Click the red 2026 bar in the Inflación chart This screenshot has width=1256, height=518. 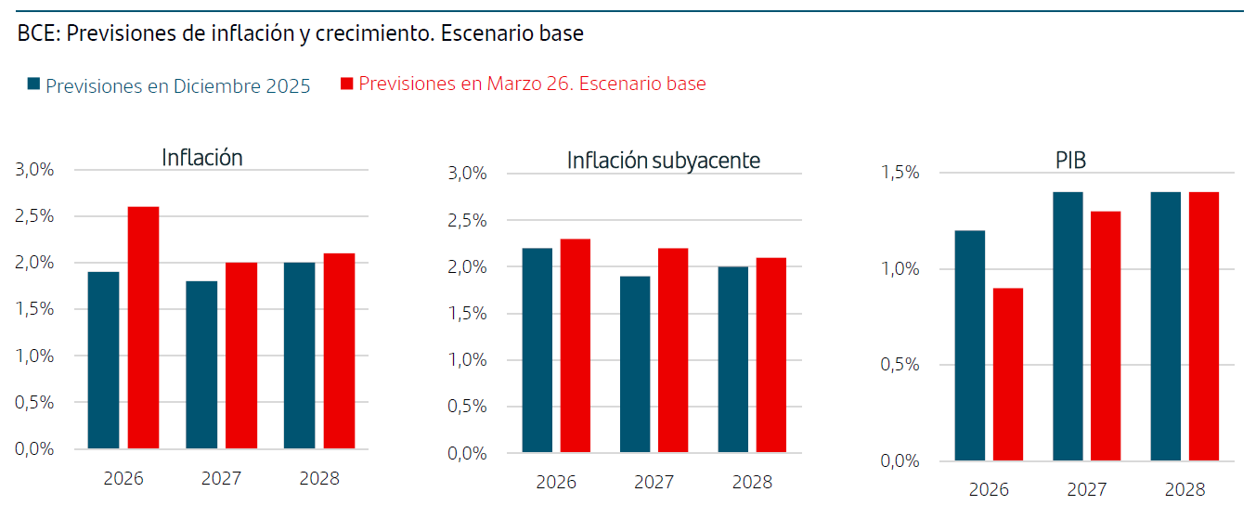click(143, 328)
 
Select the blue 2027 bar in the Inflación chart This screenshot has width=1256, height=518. click(201, 365)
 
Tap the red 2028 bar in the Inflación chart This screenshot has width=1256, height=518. click(339, 351)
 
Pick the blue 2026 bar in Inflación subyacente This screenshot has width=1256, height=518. click(537, 351)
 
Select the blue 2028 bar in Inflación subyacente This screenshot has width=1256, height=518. click(734, 360)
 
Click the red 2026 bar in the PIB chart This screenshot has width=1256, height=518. click(1007, 374)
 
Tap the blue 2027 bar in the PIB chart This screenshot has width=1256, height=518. click(1068, 326)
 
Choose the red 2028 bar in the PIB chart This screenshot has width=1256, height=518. click(1203, 326)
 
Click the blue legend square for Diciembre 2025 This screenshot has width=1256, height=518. click(34, 84)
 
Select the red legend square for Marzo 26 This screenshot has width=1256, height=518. click(347, 84)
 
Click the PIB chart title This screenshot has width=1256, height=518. click(1070, 161)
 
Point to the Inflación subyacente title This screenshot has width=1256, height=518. click(663, 161)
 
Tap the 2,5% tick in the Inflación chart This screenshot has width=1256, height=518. click(34, 216)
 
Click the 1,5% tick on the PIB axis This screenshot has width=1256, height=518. click(900, 173)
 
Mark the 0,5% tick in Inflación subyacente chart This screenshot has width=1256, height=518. click(467, 407)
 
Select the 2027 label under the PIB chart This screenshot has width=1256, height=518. click(1086, 489)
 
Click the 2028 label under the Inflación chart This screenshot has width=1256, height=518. click(319, 478)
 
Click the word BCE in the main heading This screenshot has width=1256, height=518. click(35, 34)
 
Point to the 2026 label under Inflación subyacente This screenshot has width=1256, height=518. click(556, 483)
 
